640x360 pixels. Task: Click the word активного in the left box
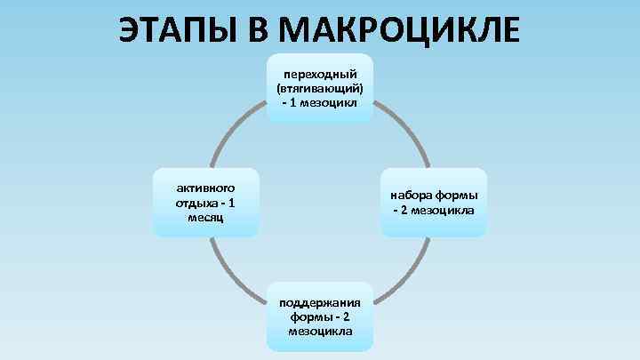coord(205,188)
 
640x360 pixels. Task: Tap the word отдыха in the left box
coord(194,203)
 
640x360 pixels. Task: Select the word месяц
coord(205,217)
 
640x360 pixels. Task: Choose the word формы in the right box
coord(458,196)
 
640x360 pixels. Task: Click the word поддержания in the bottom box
coord(320,302)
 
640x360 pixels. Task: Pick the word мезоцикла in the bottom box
coord(320,331)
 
